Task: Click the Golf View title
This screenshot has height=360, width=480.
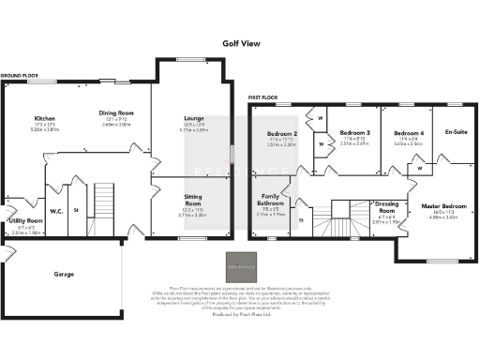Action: [x=240, y=42]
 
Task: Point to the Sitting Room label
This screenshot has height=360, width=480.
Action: [x=193, y=199]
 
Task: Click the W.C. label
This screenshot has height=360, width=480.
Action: [x=55, y=211]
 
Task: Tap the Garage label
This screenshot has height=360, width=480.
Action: [x=65, y=275]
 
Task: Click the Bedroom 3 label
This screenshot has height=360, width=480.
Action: [x=354, y=133]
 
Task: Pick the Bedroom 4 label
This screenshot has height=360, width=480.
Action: [x=408, y=133]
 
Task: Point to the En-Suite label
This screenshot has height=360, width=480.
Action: [x=457, y=132]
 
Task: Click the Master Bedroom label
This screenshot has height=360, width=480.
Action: [x=442, y=205]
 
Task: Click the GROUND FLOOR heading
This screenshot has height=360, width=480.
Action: [x=19, y=74]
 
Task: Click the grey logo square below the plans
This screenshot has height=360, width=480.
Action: [x=240, y=266]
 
